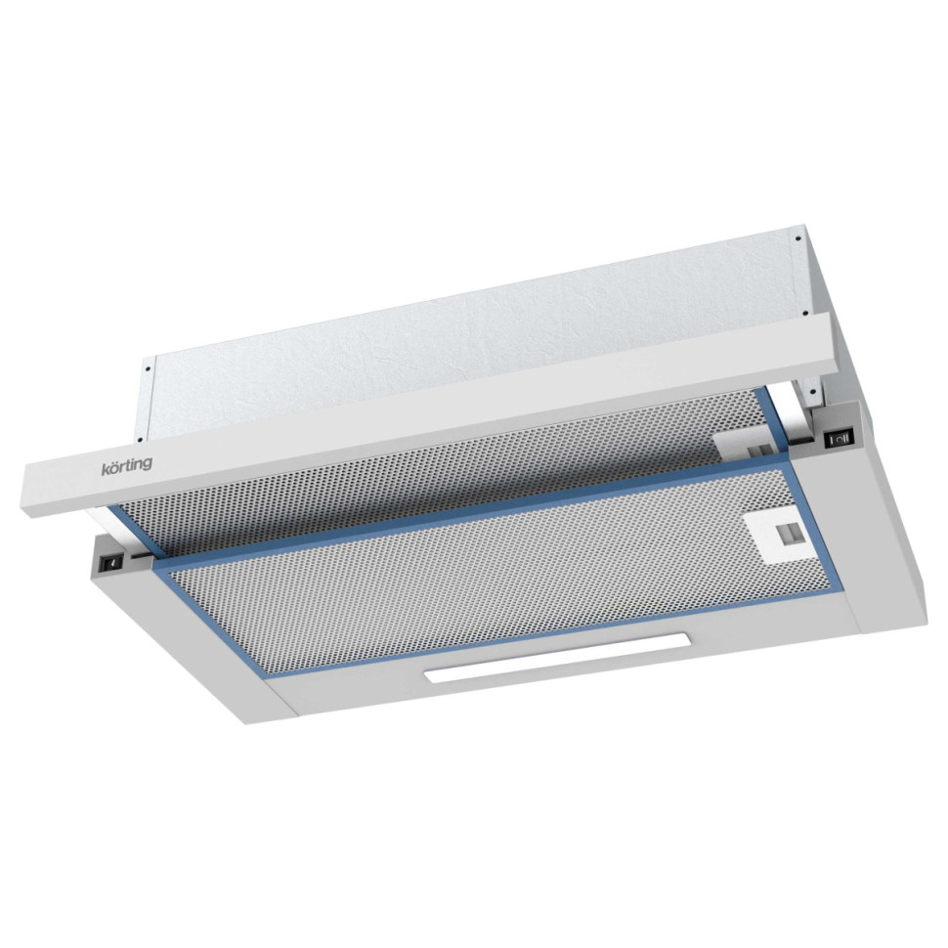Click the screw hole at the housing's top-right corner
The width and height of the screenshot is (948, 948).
(799, 236)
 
